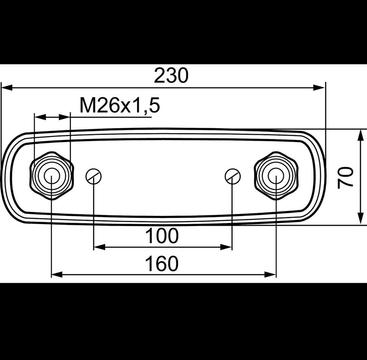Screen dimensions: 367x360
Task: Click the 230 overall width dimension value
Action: coord(171,76)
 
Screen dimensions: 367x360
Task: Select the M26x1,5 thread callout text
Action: coord(120,105)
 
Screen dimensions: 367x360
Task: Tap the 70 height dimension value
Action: coord(345,177)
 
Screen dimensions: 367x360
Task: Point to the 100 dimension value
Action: coord(162,236)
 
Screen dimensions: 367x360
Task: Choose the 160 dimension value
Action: coord(162,264)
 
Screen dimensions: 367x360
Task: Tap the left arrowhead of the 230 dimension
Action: coord(7,88)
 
